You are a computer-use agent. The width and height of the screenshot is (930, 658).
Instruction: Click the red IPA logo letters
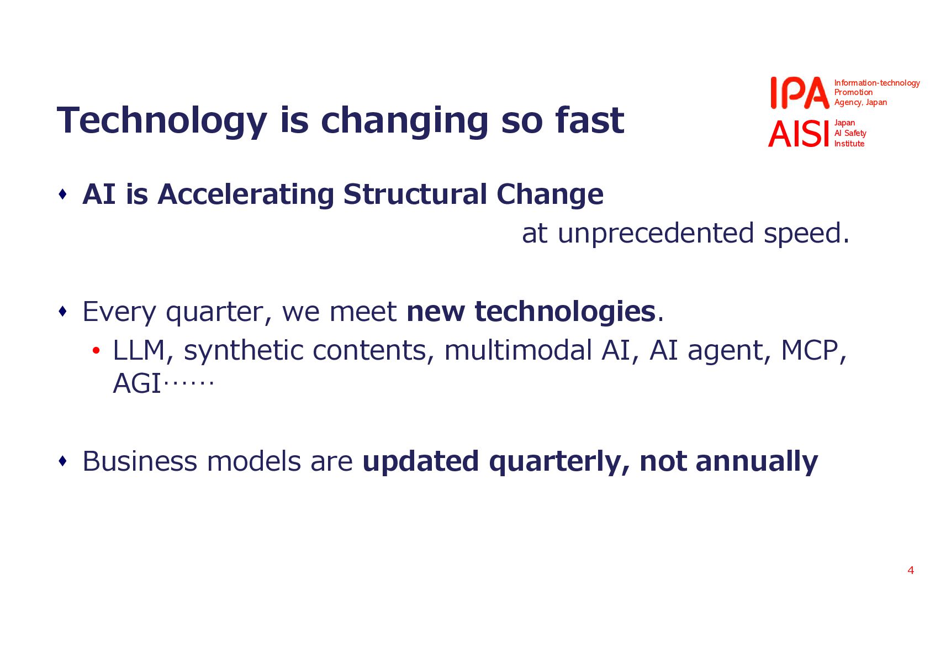(800, 93)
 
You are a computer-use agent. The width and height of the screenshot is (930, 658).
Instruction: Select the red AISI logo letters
(799, 134)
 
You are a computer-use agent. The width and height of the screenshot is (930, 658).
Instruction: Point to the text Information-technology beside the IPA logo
(877, 83)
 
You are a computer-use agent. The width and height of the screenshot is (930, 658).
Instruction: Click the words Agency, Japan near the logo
(860, 102)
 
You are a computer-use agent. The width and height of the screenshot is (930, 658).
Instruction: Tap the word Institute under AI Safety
(849, 144)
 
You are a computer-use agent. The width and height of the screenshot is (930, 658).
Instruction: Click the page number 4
(911, 570)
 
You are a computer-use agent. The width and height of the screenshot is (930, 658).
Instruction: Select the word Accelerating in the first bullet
(246, 194)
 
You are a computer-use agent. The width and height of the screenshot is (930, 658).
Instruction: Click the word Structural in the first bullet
(415, 194)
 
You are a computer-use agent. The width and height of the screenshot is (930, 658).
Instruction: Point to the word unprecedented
(656, 234)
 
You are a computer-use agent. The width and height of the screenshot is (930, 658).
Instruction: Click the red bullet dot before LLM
(96, 351)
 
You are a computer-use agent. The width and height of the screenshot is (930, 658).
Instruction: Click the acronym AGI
(136, 383)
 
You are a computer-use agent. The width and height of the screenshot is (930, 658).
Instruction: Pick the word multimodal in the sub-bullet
(518, 350)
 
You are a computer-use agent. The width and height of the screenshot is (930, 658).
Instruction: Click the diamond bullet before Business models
(63, 461)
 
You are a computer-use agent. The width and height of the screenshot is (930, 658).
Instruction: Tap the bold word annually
(757, 462)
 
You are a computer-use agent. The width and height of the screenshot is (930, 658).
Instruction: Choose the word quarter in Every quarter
(214, 312)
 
